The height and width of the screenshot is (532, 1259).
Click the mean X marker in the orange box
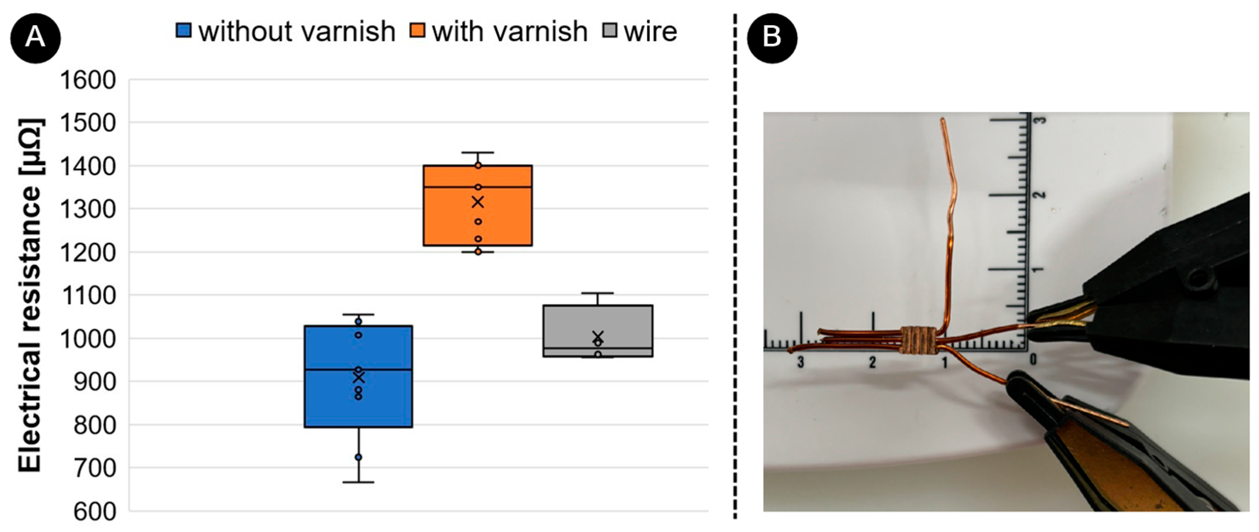tap(478, 202)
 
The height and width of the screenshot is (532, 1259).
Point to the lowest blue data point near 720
tap(358, 457)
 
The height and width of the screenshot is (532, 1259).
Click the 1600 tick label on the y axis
tap(88, 80)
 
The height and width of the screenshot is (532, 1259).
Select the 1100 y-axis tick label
tap(88, 295)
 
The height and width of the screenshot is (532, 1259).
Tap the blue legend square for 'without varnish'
tap(183, 31)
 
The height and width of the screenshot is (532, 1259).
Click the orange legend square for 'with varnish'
tap(417, 31)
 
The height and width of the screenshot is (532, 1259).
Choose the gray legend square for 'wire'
tap(610, 31)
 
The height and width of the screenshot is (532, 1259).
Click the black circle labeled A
tap(35, 38)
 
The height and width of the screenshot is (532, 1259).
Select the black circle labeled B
tap(772, 38)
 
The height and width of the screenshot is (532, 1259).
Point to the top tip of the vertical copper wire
tap(942, 120)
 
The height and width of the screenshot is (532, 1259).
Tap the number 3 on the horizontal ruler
tap(800, 362)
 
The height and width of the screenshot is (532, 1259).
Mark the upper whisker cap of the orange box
tap(478, 153)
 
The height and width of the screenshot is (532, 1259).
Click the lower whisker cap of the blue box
tap(358, 483)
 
